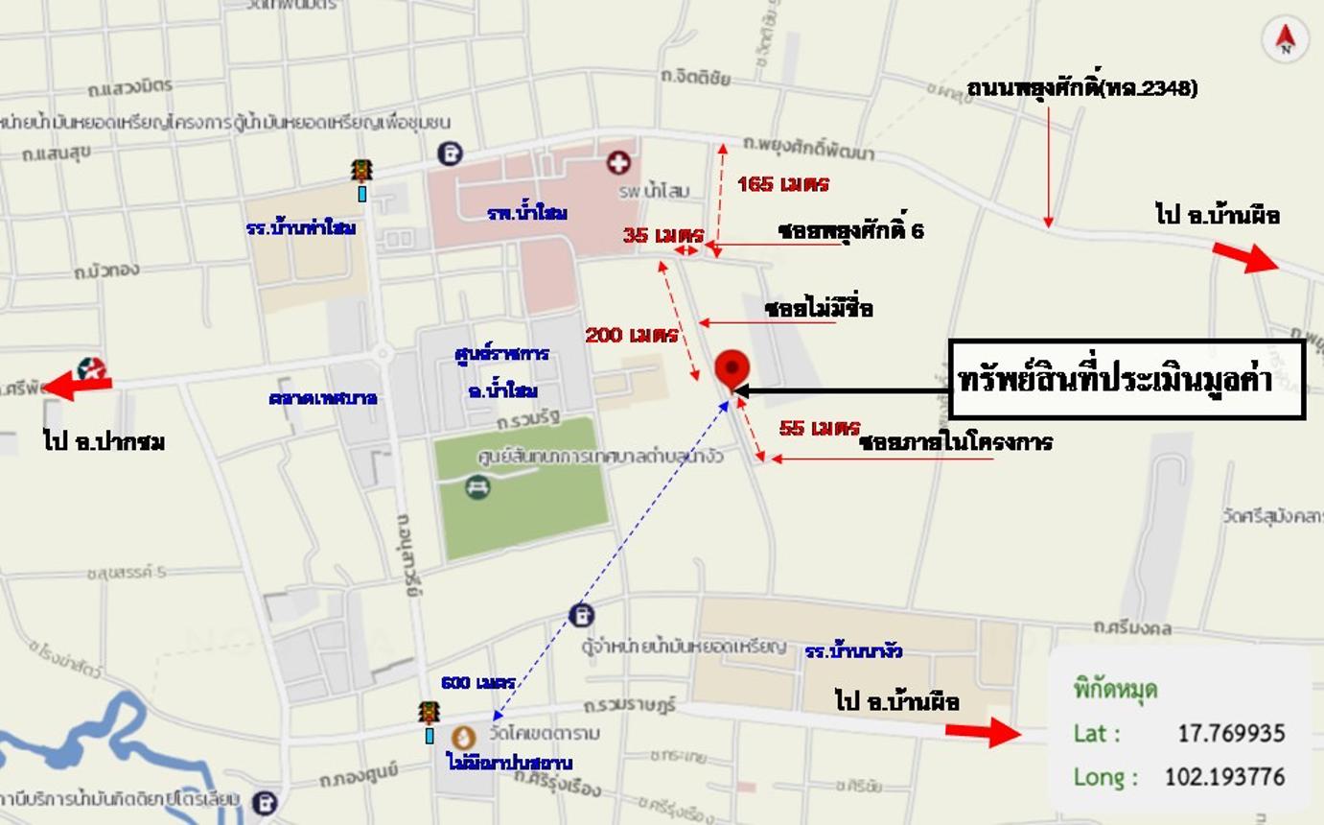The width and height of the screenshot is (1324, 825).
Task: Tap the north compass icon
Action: pos(1286,39)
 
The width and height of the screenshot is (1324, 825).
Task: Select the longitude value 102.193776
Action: pos(1224,776)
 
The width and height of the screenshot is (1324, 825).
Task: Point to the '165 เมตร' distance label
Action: pos(782,184)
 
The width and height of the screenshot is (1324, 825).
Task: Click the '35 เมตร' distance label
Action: pos(662,235)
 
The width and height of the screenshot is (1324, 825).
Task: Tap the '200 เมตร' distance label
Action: pos(631,335)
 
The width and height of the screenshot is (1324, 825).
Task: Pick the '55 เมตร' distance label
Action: pos(819,428)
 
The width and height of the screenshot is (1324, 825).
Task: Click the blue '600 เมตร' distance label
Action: pos(478,683)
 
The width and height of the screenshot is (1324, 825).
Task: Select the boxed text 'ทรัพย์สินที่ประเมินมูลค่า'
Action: pos(1127,379)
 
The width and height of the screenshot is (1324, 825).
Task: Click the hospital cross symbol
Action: pos(619,163)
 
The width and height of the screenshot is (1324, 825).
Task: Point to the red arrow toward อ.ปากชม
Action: pos(79,384)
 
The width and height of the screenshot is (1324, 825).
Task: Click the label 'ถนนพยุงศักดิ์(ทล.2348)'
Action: pos(1081,88)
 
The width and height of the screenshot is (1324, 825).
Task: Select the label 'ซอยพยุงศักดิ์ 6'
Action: pos(850,231)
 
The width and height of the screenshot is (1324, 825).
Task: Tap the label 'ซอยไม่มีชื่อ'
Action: pos(819,309)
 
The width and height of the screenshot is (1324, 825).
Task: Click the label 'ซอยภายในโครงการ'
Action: pos(955,442)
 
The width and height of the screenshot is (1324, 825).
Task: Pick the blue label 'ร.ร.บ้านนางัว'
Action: pos(853,651)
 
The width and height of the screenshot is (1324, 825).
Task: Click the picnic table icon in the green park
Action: pos(477,488)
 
